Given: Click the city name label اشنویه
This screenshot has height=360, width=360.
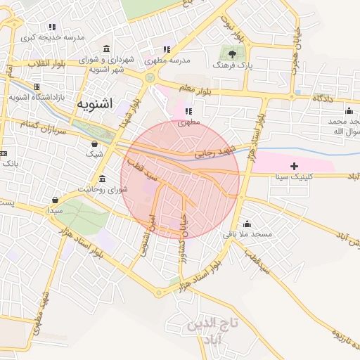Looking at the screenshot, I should pyautogui.click(x=94, y=105).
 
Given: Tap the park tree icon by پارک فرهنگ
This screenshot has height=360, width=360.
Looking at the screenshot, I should pyautogui.click(x=232, y=52).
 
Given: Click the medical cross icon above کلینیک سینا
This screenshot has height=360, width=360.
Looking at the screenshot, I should pyautogui.click(x=293, y=165).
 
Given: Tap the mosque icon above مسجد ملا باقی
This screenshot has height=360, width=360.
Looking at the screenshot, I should pyautogui.click(x=247, y=224).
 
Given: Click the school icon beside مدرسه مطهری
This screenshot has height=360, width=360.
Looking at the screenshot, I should pyautogui.click(x=167, y=50).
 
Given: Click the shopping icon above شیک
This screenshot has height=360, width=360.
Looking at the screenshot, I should pyautogui.click(x=94, y=143).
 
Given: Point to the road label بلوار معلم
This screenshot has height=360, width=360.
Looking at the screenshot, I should pyautogui.click(x=194, y=89).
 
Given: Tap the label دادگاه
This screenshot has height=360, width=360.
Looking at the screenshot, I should pyautogui.click(x=322, y=98).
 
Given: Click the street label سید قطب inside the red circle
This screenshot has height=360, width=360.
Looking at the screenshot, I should pyautogui.click(x=138, y=169).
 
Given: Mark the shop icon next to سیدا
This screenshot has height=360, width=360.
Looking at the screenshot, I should pyautogui.click(x=55, y=200).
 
